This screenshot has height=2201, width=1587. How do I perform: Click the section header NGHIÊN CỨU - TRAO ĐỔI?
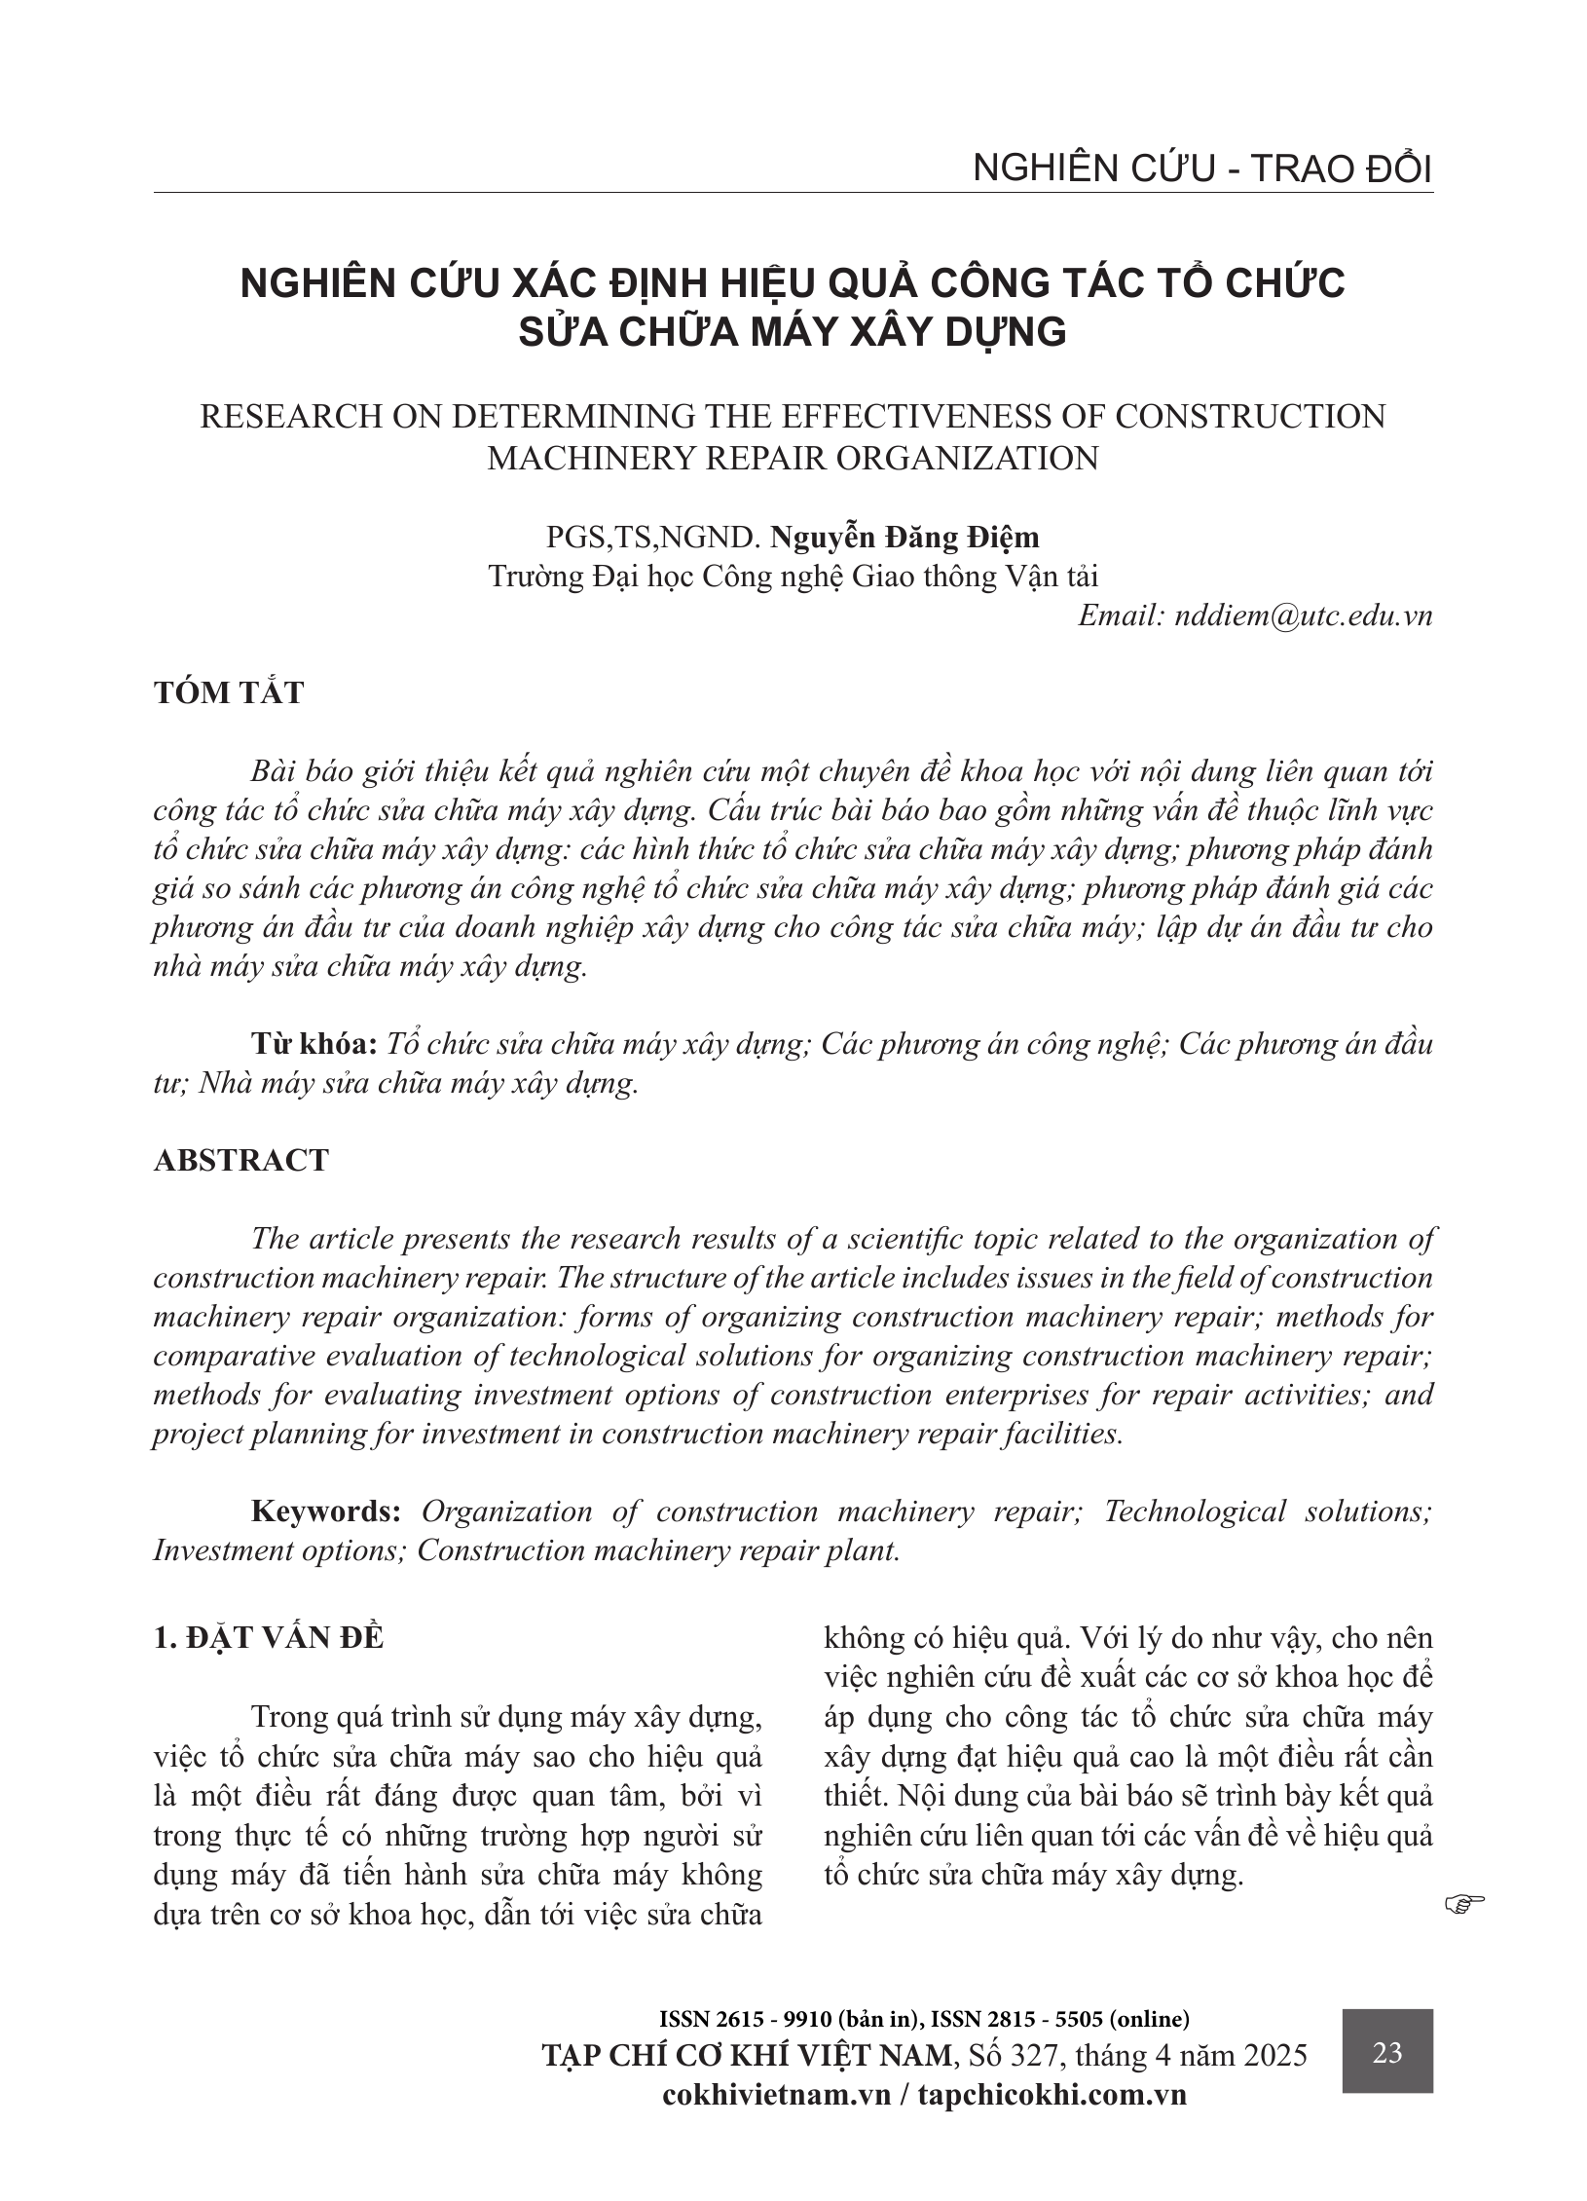[x=1202, y=169]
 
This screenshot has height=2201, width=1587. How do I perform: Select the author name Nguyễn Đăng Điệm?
[x=904, y=537]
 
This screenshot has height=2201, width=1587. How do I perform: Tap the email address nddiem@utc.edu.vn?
[x=1304, y=616]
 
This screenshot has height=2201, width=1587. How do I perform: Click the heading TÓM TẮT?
[x=229, y=692]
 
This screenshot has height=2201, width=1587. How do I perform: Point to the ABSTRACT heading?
[x=241, y=1160]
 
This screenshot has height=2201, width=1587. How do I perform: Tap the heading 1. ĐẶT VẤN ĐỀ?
[x=269, y=1638]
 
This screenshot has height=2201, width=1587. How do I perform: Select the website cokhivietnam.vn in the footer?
[x=776, y=2094]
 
